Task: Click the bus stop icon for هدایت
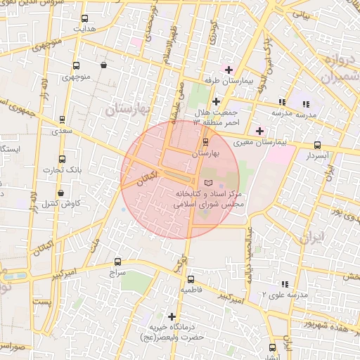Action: point(85,19)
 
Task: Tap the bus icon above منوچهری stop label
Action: point(75,65)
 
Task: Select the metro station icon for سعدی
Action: point(62,120)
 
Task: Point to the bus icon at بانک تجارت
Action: point(62,159)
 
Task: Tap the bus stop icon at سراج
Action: point(117,261)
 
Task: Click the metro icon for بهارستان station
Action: point(205,142)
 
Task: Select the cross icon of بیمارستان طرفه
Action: point(229,70)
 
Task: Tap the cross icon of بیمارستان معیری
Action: point(259,131)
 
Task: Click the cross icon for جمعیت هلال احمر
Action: point(216,101)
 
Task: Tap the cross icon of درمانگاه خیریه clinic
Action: point(172,316)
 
